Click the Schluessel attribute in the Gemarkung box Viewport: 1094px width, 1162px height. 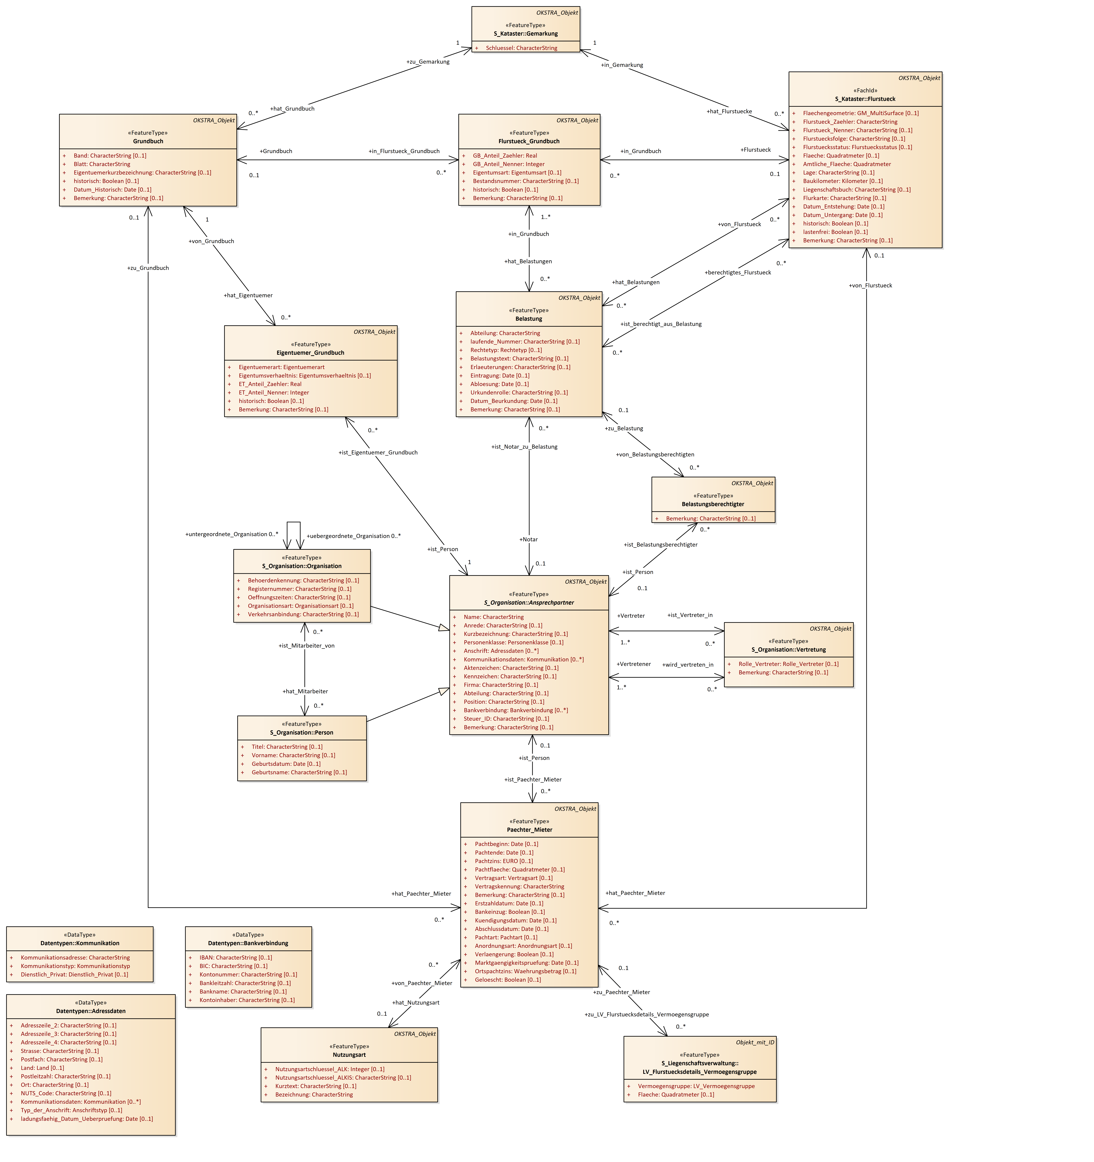tap(521, 48)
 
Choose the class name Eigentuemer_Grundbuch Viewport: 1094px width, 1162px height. tap(310, 353)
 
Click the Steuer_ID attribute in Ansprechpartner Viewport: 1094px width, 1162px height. tap(506, 719)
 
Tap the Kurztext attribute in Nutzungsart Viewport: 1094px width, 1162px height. tap(316, 1086)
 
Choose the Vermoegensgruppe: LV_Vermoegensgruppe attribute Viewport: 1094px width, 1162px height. tap(696, 1086)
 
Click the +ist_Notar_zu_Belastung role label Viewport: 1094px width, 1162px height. tap(524, 447)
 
